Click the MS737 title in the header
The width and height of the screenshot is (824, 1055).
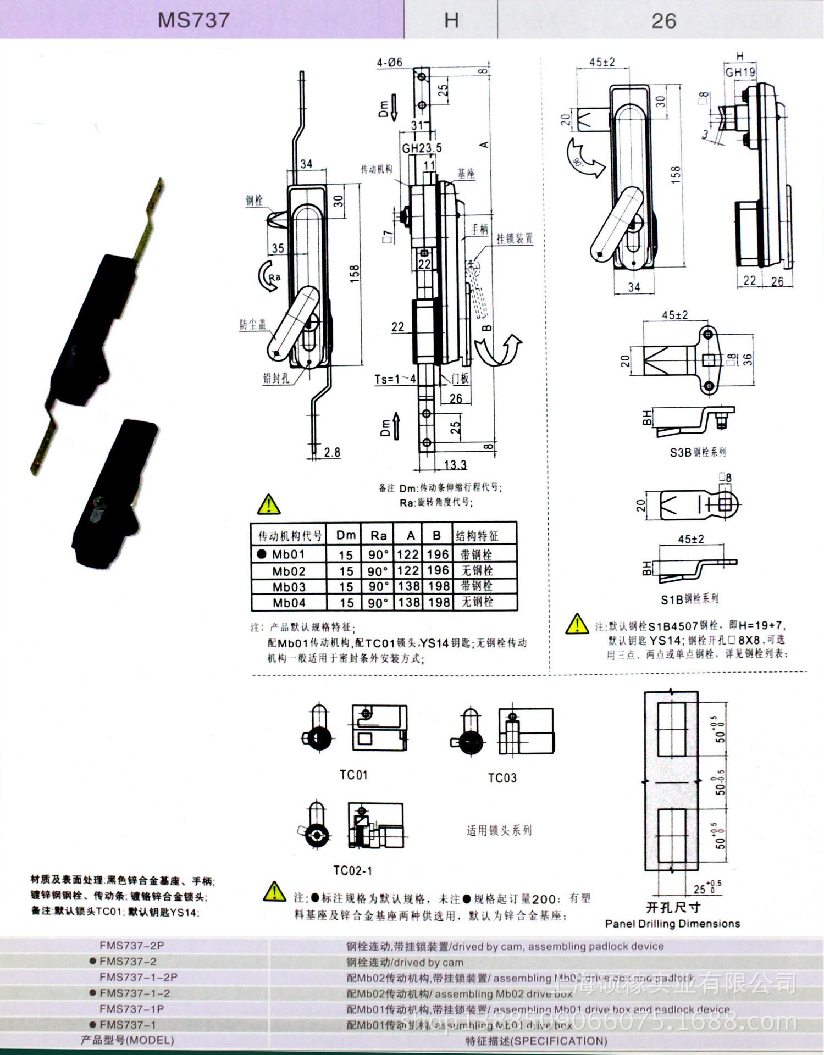pos(193,20)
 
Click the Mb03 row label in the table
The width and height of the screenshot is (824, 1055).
pos(289,587)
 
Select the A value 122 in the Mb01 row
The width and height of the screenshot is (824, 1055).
pos(408,554)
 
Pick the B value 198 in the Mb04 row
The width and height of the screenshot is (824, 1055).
pos(439,602)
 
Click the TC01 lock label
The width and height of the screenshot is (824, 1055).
pos(353,775)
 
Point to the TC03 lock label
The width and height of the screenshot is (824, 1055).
pos(502,778)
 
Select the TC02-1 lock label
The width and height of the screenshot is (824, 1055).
pos(352,870)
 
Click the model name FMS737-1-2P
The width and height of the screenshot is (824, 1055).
pos(138,977)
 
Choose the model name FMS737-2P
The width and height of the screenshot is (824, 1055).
pos(131,946)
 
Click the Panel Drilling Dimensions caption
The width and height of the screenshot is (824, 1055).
pos(672,924)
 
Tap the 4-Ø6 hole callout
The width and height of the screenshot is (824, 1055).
pos(389,63)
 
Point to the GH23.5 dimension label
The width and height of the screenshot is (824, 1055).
pos(422,148)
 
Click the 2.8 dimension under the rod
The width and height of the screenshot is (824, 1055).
pos(331,452)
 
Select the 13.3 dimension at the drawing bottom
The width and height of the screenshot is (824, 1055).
pos(455,465)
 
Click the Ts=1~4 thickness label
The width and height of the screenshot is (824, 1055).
pos(395,379)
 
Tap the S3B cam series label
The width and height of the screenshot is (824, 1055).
pos(698,452)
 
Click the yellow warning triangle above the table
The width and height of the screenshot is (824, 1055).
pos(268,504)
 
